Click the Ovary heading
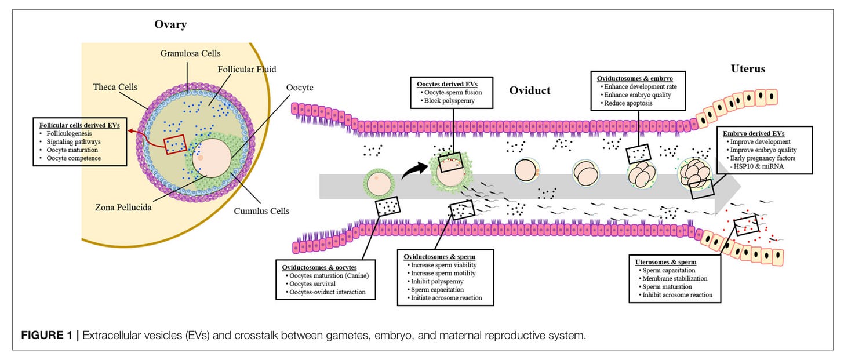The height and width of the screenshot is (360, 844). click(x=170, y=24)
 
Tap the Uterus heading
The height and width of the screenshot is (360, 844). click(x=748, y=68)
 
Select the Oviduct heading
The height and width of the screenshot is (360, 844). click(x=530, y=90)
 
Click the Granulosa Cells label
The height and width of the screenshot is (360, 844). click(x=190, y=53)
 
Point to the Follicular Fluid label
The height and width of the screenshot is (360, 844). click(x=247, y=70)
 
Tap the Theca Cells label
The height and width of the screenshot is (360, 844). click(x=115, y=87)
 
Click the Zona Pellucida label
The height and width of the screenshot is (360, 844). click(x=123, y=208)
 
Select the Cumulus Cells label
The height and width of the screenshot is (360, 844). click(x=261, y=211)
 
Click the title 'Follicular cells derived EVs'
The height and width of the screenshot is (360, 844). click(x=79, y=125)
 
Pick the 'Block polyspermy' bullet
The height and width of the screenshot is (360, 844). click(x=448, y=101)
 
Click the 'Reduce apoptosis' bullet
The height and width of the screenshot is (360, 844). click(x=626, y=103)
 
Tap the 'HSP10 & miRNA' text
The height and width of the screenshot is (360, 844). click(x=756, y=166)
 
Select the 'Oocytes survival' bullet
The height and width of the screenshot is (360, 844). click(x=311, y=284)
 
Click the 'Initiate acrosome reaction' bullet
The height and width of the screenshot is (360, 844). click(x=445, y=298)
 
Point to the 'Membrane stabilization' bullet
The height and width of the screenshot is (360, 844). click(x=673, y=279)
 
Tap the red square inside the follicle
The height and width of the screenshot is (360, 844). click(x=175, y=144)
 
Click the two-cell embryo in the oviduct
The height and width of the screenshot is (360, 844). click(x=585, y=173)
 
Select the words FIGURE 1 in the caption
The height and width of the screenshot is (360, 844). click(x=46, y=335)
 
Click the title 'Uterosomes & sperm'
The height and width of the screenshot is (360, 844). click(x=666, y=262)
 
